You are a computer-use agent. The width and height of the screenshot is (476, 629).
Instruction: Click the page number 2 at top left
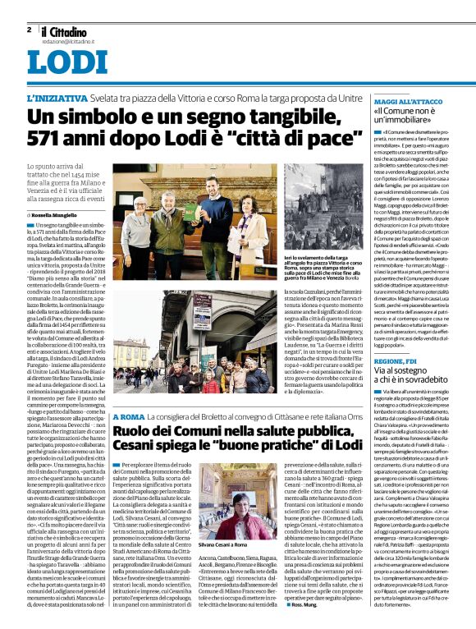[x=29, y=30]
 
